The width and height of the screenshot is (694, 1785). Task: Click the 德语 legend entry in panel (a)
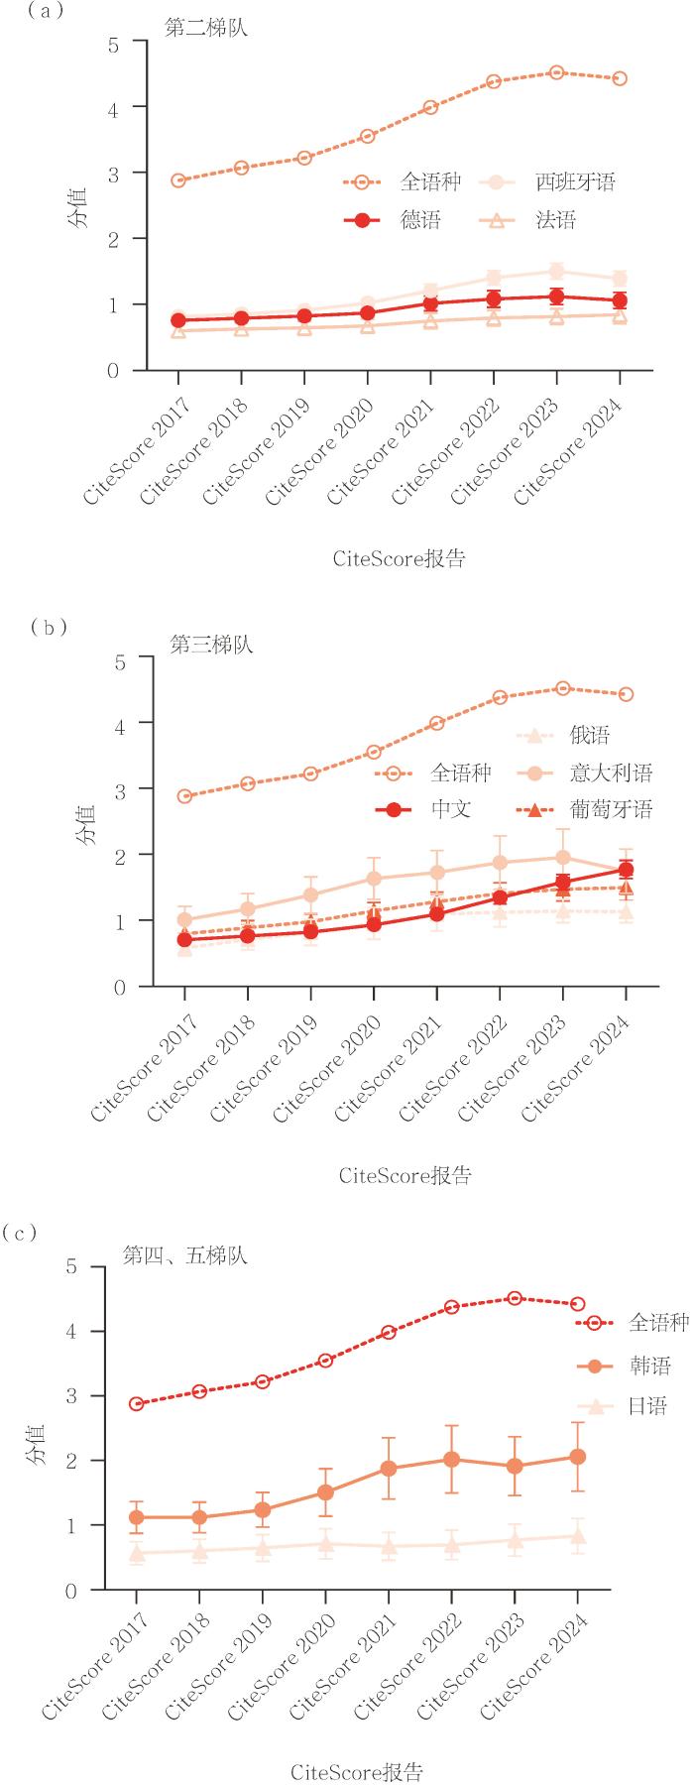coord(392,220)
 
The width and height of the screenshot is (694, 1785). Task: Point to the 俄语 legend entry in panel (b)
coord(563,735)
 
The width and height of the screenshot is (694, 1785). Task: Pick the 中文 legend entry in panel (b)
coord(422,810)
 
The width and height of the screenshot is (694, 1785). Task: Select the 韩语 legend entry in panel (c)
coord(624,1367)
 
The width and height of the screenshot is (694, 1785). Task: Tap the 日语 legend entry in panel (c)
coord(624,1406)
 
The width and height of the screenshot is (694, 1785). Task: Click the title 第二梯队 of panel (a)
coord(206,28)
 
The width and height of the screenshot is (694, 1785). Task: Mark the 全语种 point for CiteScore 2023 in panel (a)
coord(557,72)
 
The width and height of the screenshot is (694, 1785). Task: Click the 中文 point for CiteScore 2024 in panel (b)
coord(626,870)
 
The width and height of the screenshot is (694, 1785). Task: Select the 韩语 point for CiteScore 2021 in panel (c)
coord(389,1469)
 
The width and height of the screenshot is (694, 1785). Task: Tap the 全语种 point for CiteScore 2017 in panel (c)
coord(137,1404)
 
